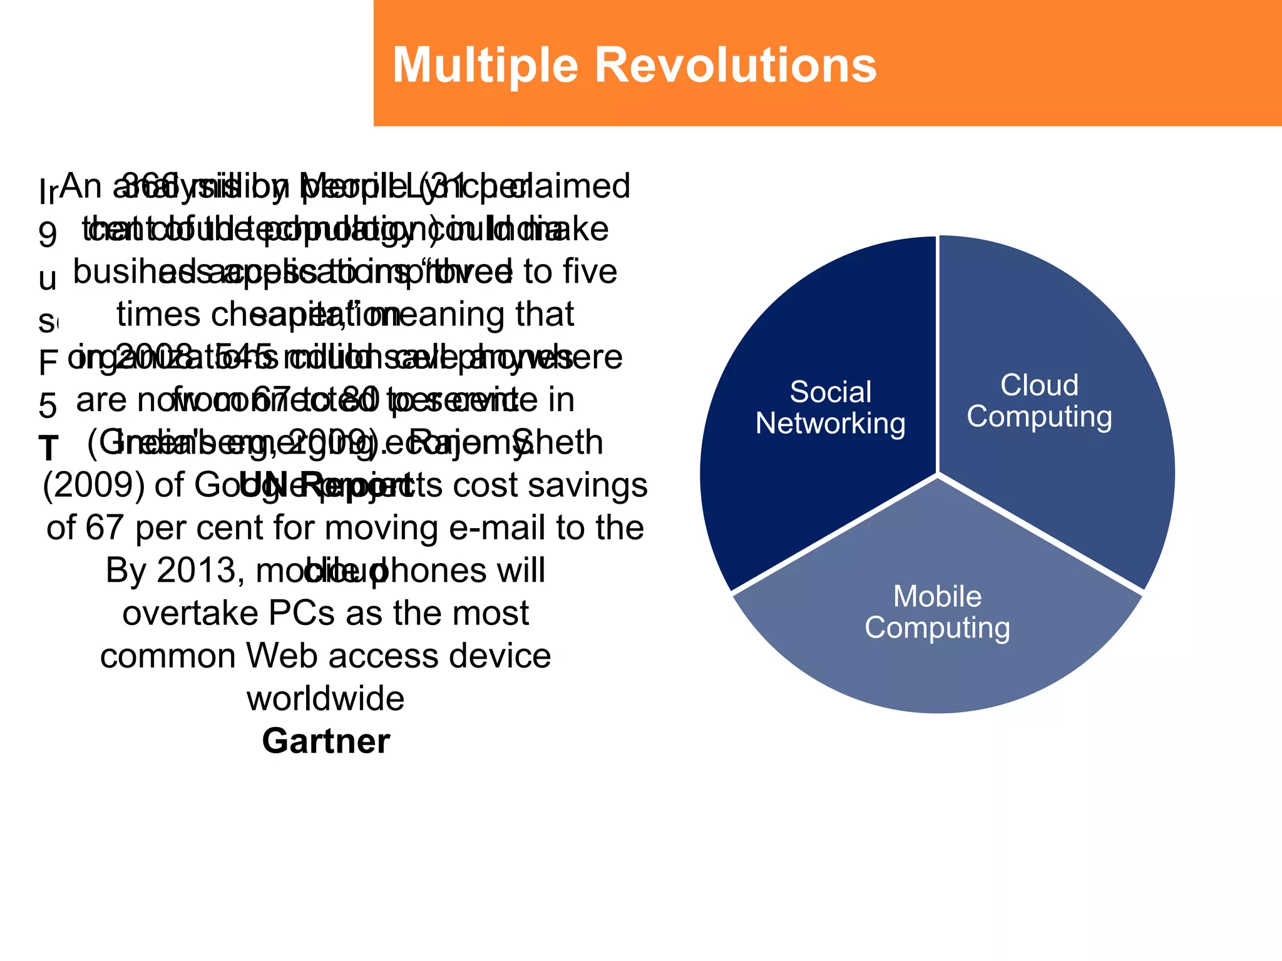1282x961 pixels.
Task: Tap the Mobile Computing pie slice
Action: pyautogui.click(x=937, y=663)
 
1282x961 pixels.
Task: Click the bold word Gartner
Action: pyautogui.click(x=326, y=741)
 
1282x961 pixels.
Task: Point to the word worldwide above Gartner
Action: pyautogui.click(x=326, y=699)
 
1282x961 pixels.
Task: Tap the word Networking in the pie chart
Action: pyautogui.click(x=830, y=424)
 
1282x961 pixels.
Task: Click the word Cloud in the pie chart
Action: pyautogui.click(x=1039, y=385)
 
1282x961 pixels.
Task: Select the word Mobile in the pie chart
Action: pyautogui.click(x=937, y=596)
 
